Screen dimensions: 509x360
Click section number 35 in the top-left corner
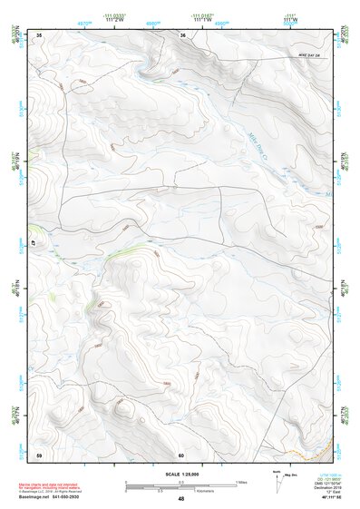[39, 34]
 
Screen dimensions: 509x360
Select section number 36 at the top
[183, 34]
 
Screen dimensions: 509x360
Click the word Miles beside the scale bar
[241, 482]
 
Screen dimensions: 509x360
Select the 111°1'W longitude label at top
[201, 21]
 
